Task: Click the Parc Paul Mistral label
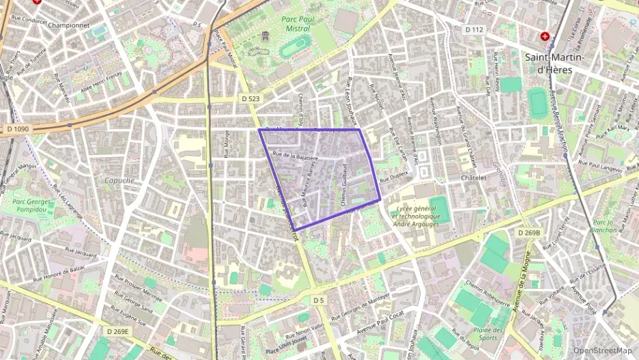(x=296, y=23)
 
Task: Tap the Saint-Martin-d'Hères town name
(x=556, y=64)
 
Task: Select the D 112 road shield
(x=474, y=29)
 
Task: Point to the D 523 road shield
(x=251, y=98)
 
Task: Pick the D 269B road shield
(x=528, y=233)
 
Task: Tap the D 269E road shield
(x=118, y=331)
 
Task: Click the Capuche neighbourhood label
(x=120, y=180)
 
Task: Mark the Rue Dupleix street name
(x=394, y=175)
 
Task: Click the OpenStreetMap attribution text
(x=602, y=350)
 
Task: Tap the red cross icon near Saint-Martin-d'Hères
(x=545, y=36)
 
